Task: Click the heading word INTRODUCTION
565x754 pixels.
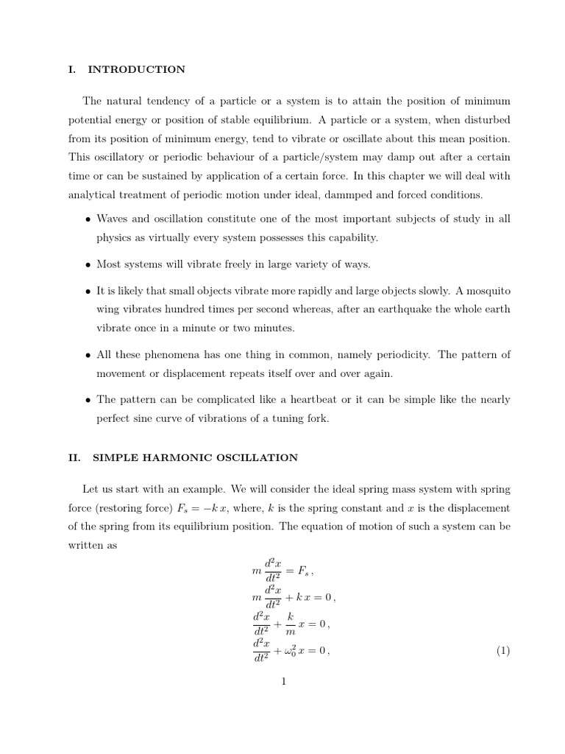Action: click(136, 70)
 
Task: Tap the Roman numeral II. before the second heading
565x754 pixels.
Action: click(74, 458)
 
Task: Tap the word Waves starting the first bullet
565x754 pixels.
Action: click(113, 219)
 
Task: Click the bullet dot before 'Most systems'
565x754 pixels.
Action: click(88, 265)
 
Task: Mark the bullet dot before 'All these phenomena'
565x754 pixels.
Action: click(88, 356)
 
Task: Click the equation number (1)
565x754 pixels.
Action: click(502, 651)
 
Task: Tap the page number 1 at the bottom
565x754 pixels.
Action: click(282, 682)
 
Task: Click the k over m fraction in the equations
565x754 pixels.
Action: click(290, 624)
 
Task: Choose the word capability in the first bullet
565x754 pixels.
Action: click(351, 238)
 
